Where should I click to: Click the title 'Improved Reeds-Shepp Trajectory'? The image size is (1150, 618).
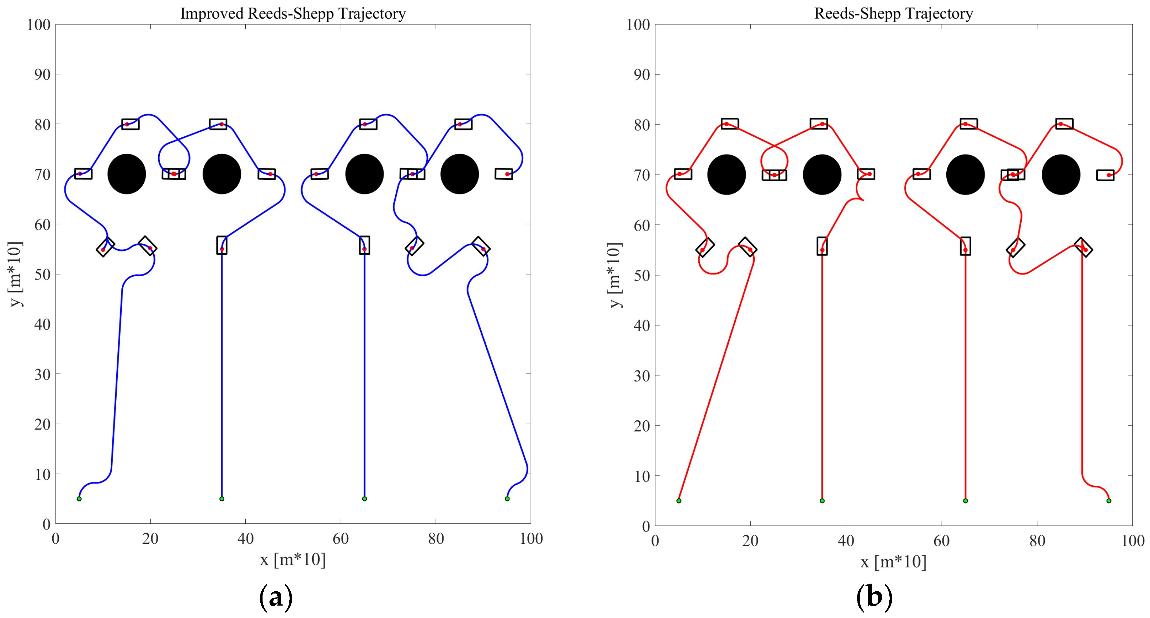tap(293, 14)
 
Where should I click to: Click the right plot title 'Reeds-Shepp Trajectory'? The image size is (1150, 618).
tap(893, 14)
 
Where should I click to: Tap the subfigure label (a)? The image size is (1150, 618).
tap(276, 597)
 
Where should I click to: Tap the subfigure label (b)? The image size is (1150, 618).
tap(874, 597)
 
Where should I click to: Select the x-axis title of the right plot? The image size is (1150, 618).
tap(893, 561)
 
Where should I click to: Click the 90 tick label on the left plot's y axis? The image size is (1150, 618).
tap(42, 74)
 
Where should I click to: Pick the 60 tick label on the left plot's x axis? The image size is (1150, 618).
tap(341, 539)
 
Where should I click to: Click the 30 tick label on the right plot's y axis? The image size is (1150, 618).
tap(642, 376)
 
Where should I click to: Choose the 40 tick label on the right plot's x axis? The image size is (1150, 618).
tap(845, 541)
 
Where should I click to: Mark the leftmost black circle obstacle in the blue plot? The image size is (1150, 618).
tap(127, 174)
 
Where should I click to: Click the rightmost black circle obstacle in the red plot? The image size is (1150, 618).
tap(1061, 174)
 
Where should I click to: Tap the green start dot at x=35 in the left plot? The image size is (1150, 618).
tap(222, 498)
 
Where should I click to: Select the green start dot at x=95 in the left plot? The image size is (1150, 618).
tap(507, 498)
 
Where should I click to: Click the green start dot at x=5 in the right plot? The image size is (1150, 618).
tap(679, 501)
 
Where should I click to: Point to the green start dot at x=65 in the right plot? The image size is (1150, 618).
tap(965, 501)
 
